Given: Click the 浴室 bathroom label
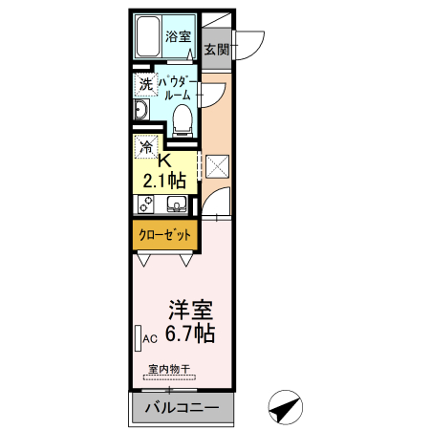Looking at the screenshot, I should [178, 37].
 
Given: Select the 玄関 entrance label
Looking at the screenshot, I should [217, 50].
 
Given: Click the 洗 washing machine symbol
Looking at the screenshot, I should [145, 84].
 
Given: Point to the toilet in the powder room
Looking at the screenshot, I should [183, 118].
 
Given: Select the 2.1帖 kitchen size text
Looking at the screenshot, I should [164, 179].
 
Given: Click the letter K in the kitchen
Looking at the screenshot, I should [163, 160].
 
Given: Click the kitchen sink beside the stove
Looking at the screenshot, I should [177, 204].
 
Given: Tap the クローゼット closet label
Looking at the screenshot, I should [163, 234].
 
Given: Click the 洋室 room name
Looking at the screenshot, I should [190, 312].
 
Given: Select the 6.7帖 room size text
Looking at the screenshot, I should [189, 333].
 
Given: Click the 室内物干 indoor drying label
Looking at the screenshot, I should [169, 369].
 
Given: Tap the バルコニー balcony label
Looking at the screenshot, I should [182, 409].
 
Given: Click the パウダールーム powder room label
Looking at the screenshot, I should [181, 89].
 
